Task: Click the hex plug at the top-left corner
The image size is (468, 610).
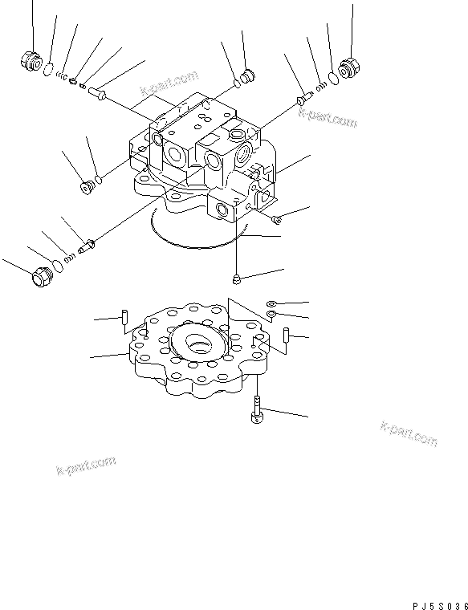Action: (30, 62)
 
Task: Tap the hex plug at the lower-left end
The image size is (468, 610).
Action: (39, 278)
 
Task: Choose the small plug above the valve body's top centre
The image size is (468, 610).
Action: (245, 76)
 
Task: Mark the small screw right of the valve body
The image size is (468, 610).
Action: (276, 218)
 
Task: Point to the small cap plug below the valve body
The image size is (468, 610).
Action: (238, 279)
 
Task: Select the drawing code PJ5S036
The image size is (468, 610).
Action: (434, 601)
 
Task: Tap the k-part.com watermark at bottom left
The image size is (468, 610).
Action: (86, 466)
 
